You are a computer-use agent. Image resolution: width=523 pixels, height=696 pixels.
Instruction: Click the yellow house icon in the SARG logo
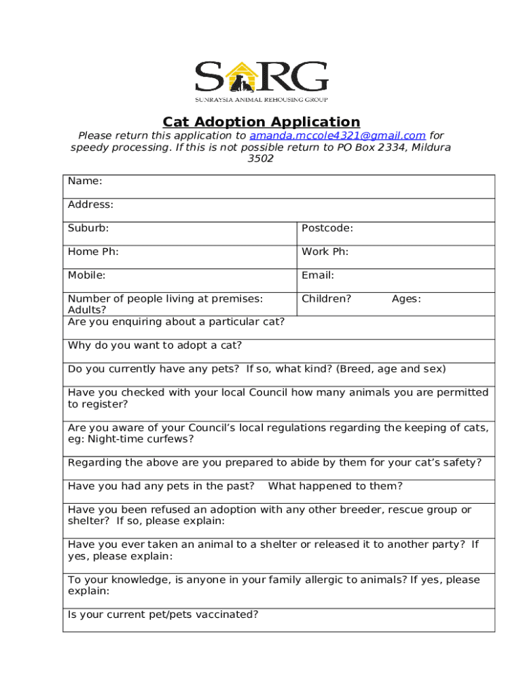click(242, 77)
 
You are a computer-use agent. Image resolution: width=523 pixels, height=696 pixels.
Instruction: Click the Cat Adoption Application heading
click(261, 122)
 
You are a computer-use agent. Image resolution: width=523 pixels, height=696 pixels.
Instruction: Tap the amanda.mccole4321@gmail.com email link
click(338, 136)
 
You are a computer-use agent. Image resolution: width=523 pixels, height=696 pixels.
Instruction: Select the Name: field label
click(85, 181)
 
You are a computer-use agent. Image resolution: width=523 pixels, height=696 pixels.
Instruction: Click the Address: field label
click(90, 205)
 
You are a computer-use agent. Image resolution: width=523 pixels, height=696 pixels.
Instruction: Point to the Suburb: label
click(88, 228)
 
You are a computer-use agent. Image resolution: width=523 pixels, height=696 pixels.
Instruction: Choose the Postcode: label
click(327, 228)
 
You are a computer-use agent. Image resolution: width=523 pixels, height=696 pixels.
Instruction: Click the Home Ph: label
click(93, 252)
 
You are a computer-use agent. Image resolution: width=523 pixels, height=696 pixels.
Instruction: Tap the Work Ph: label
click(325, 252)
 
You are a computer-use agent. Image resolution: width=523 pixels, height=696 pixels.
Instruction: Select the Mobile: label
click(87, 275)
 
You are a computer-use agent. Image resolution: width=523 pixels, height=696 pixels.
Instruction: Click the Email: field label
click(318, 275)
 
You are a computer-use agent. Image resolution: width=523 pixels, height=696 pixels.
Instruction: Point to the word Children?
click(326, 298)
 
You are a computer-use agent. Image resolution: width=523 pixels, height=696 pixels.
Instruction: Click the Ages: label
click(406, 298)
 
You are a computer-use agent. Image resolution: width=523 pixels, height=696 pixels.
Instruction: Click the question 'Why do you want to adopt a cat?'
click(155, 345)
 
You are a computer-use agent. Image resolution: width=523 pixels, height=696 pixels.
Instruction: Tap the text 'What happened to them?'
click(336, 486)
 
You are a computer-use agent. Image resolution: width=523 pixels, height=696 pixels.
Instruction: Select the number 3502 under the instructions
click(261, 158)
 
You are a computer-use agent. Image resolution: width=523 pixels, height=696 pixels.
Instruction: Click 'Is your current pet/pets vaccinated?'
click(163, 614)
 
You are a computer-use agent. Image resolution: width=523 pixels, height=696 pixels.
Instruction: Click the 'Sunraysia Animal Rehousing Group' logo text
click(261, 100)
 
